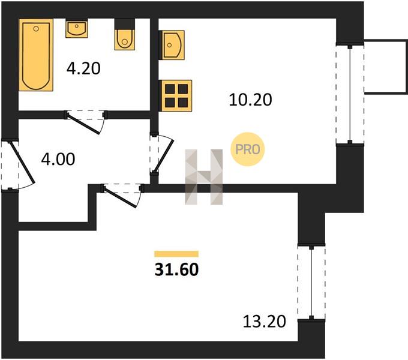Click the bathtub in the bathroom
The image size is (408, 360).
tap(36, 55)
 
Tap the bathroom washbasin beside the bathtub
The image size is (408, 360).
tap(77, 28)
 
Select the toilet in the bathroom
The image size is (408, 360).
tap(125, 34)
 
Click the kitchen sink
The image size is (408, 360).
tap(172, 45)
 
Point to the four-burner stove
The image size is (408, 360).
tap(176, 96)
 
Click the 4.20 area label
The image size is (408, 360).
tap(83, 68)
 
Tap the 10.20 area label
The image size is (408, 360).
tap(250, 100)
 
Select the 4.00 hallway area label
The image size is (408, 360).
tap(58, 159)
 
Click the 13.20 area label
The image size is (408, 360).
tap(265, 321)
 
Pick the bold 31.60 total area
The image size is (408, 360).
tap(176, 269)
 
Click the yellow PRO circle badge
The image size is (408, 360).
tap(247, 149)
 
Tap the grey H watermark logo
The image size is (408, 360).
tap(204, 177)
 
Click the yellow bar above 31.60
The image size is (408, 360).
tap(176, 254)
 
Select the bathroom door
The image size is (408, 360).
tap(86, 122)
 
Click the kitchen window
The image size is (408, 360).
tap(350, 94)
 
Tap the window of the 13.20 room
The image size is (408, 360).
tap(311, 283)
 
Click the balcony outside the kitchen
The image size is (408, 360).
tap(386, 67)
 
